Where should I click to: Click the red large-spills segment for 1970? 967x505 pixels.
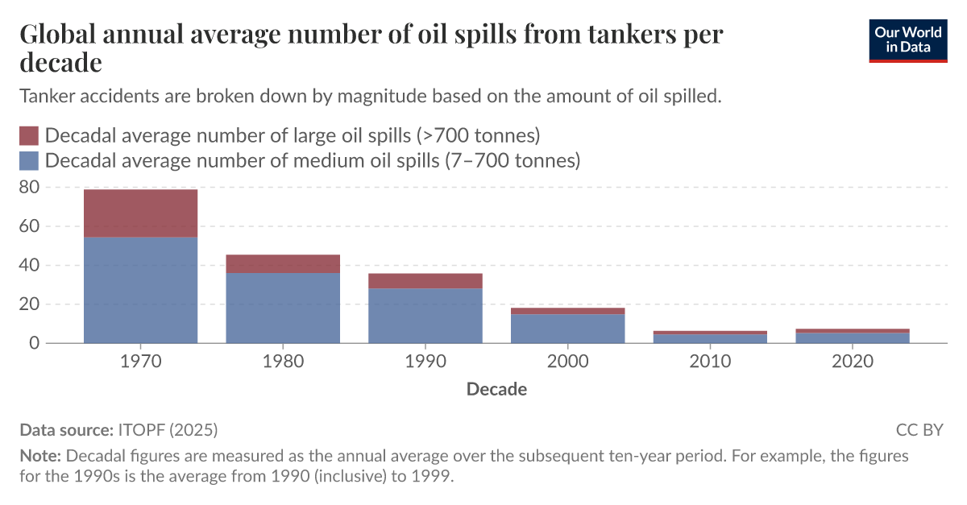click(140, 213)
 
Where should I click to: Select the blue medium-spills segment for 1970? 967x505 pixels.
click(140, 290)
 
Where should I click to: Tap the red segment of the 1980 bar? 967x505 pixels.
click(283, 264)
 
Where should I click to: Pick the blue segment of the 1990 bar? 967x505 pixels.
click(425, 316)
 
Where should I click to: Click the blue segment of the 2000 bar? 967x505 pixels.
click(567, 329)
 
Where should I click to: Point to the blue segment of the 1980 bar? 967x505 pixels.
click(283, 308)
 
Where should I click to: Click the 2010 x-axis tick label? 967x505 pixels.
click(710, 362)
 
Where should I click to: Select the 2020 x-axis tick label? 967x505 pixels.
click(853, 362)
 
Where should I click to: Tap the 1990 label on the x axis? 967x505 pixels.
click(425, 362)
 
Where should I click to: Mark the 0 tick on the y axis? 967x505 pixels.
click(33, 343)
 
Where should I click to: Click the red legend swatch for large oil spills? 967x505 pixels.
click(29, 135)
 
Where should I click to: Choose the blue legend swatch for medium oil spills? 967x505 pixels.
click(29, 160)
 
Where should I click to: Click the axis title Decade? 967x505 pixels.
click(496, 390)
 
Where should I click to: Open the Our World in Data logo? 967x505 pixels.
click(908, 39)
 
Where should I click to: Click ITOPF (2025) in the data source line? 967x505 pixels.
click(168, 429)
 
